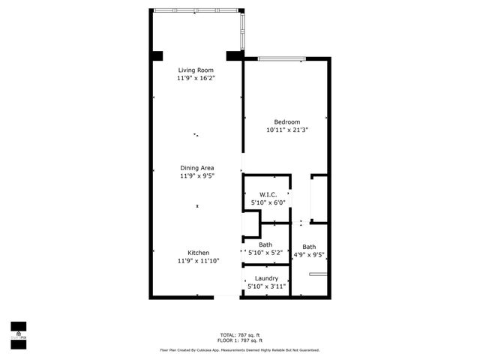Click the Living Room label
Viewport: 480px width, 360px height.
click(196, 70)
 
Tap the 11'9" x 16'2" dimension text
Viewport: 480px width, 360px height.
click(196, 78)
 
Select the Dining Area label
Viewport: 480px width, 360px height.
click(197, 167)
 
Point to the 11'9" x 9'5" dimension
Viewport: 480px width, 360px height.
click(197, 176)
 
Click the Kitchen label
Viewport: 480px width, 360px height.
click(198, 253)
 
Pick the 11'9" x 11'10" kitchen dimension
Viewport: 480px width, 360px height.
click(198, 261)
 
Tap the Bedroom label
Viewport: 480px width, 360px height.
click(286, 122)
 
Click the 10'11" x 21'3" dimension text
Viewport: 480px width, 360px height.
click(286, 130)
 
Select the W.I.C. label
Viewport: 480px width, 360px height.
click(268, 194)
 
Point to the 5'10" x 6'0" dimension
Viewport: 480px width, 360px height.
click(268, 202)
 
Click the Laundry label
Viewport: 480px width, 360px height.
click(266, 278)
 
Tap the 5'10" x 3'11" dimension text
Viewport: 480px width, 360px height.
click(266, 286)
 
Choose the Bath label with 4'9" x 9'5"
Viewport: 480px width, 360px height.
click(309, 247)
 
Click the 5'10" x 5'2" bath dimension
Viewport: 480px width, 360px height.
click(266, 253)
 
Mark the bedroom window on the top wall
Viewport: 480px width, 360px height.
click(281, 58)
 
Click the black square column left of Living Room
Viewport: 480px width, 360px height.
click(157, 56)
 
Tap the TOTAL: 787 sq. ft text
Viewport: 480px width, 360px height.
click(239, 334)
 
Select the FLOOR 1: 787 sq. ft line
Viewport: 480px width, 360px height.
click(239, 340)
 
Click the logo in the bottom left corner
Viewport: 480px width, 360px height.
click(17, 331)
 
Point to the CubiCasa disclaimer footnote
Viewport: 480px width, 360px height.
click(239, 349)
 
